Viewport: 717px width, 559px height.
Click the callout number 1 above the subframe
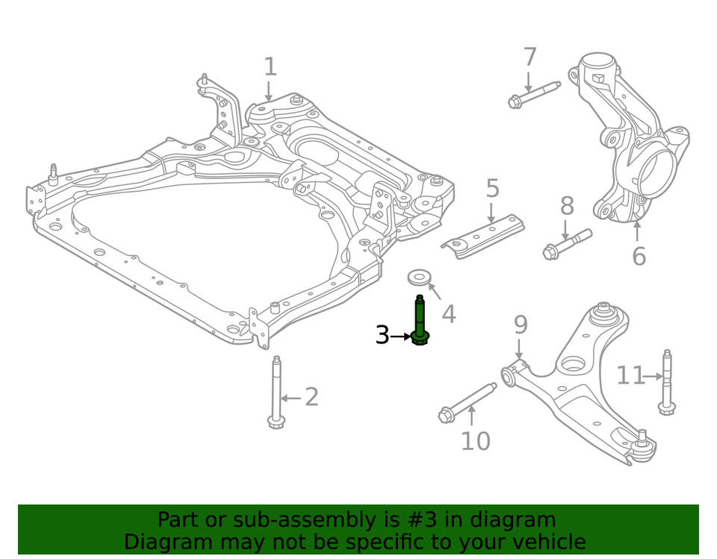270,67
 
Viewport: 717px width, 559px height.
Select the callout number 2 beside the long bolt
311,397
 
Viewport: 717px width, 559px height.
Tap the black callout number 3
382,336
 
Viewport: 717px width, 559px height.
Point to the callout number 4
448,314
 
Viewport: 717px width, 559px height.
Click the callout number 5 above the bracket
492,189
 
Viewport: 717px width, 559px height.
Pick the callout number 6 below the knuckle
639,256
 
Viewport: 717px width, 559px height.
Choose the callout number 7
530,57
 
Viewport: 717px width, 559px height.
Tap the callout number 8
567,206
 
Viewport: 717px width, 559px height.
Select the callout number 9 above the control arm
520,325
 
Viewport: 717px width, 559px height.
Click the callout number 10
475,441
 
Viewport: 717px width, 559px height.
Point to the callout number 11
630,375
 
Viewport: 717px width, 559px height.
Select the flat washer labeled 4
420,278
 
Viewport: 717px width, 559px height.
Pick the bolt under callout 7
533,93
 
